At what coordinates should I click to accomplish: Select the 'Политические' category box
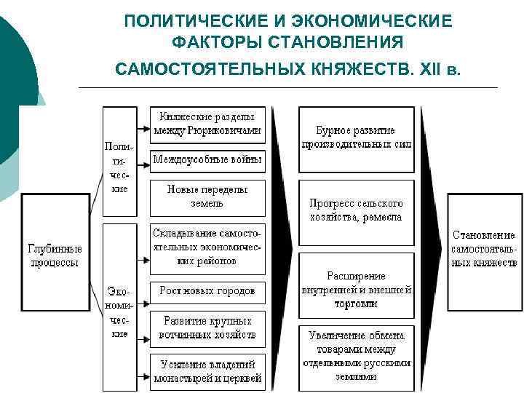point(119,162)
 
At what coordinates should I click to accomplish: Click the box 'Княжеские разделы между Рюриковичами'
point(207,124)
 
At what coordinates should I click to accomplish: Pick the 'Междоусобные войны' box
point(207,160)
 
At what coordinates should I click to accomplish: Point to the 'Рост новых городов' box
point(207,290)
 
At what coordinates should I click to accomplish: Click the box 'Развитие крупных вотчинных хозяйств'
point(207,327)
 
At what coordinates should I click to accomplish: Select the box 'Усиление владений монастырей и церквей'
point(207,370)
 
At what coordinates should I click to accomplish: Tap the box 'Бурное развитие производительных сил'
point(356,138)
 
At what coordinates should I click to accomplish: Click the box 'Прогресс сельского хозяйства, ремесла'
point(356,210)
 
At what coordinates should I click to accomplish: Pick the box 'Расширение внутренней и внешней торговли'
point(356,290)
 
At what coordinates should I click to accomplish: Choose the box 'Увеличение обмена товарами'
point(356,356)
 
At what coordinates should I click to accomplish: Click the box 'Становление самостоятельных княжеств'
point(484,249)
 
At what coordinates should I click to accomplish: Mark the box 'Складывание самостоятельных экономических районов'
point(207,245)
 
